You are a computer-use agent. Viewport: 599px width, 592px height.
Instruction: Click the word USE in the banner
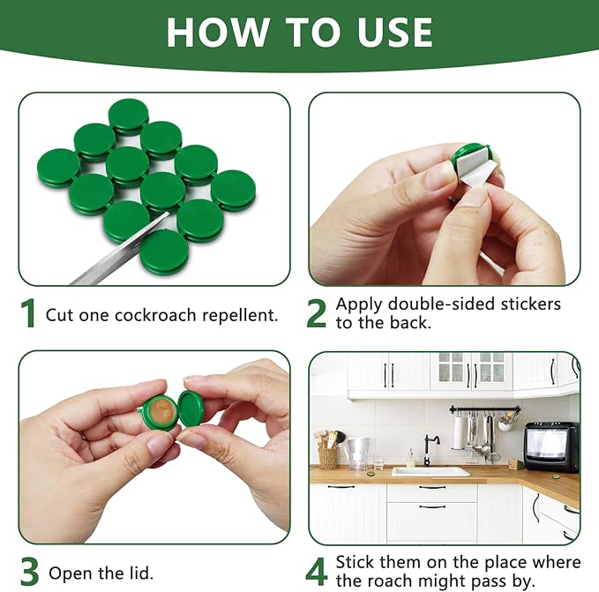[394, 32]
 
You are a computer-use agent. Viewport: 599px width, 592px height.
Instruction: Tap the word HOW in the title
[217, 32]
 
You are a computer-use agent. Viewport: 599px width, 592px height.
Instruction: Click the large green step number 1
[28, 313]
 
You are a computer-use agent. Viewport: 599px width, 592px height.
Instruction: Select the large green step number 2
[317, 313]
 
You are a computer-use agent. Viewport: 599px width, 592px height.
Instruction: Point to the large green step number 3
[30, 572]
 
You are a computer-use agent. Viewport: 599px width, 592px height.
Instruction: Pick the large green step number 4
[317, 572]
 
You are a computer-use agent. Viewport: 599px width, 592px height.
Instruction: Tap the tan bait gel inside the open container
[162, 411]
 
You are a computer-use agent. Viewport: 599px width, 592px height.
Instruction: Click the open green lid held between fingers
[191, 410]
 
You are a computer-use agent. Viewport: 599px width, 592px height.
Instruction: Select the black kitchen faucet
[431, 450]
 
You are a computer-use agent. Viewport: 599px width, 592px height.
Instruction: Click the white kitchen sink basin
[431, 472]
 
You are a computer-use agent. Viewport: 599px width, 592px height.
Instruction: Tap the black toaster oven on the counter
[551, 446]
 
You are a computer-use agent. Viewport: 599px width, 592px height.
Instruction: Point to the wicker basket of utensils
[328, 457]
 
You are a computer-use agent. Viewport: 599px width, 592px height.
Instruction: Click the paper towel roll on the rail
[458, 431]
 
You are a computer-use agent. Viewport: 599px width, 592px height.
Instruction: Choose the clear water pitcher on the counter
[357, 453]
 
